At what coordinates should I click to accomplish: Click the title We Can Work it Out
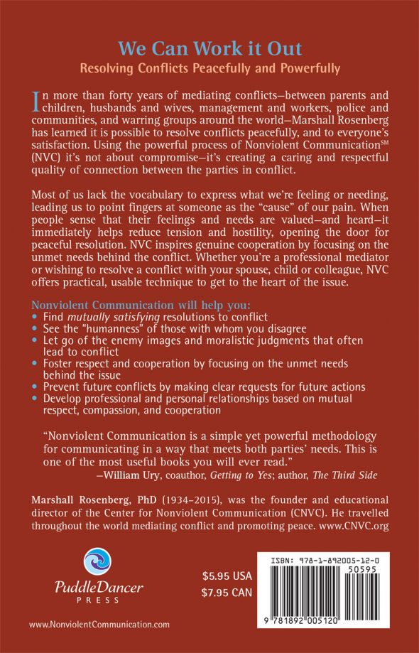(209, 49)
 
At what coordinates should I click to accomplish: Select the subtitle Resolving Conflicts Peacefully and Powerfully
(209, 69)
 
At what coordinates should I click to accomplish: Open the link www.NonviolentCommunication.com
(99, 625)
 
